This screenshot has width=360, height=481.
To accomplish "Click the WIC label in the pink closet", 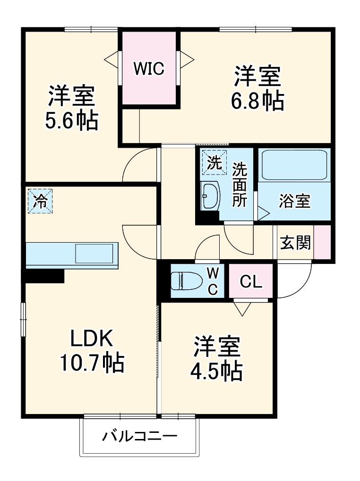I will tap(148, 69).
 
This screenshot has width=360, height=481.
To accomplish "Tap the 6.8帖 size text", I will tap(257, 101).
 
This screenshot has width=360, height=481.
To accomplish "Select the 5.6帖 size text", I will tap(71, 121).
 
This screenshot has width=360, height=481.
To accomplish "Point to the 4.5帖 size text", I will tap(216, 371).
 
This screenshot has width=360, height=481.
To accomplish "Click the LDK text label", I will tap(91, 339).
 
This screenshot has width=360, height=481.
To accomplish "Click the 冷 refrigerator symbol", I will tap(40, 201).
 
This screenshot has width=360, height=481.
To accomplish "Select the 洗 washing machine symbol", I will tap(214, 162).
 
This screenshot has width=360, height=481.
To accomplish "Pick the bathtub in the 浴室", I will tap(294, 165).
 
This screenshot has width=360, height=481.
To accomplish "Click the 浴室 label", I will tap(294, 201).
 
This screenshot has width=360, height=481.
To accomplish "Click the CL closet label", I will tap(250, 282).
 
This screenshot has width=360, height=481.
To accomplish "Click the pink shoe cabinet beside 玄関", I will tap(323, 242).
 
